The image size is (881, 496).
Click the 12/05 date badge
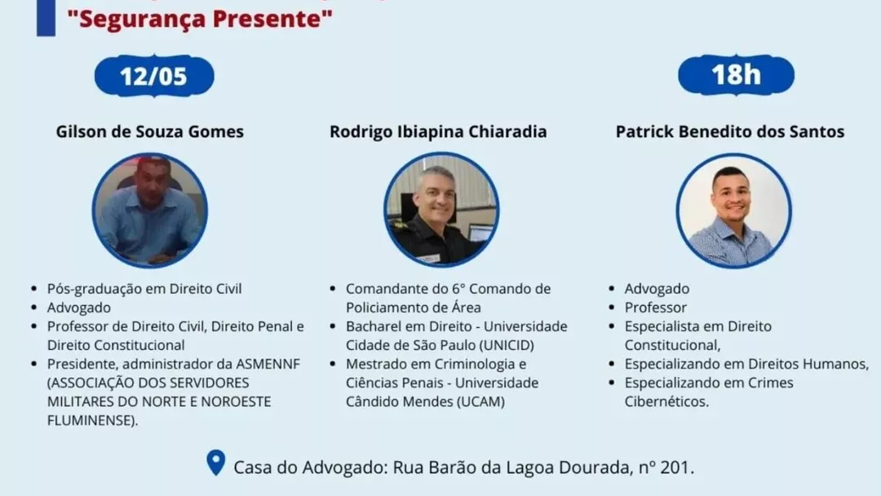154,76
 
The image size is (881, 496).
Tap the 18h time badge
736,75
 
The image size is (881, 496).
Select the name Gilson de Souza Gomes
150,131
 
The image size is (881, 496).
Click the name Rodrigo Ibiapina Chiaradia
438,131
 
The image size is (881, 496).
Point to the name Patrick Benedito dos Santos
730,131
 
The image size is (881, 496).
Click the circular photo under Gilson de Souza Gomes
150,210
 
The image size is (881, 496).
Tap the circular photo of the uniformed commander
441,210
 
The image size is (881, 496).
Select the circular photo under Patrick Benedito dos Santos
734,210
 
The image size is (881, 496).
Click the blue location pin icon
215,463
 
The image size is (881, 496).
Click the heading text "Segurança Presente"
200,19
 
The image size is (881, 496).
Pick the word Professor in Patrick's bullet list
656,308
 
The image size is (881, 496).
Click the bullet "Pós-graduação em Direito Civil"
144,289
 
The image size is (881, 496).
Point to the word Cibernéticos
667,401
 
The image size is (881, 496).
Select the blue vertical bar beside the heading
46,18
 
